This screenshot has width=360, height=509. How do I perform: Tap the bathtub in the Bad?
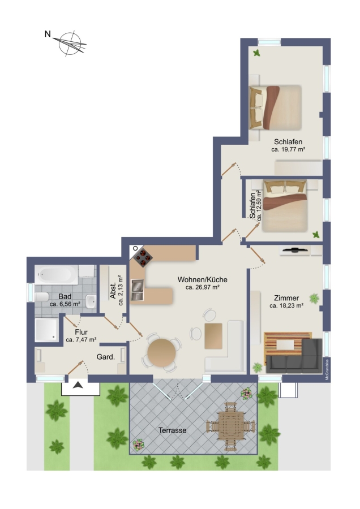click(x=57, y=275)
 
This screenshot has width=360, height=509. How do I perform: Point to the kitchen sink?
click(x=138, y=290)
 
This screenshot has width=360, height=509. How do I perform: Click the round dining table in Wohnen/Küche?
click(x=161, y=353)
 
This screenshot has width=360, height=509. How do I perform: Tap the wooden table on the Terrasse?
click(x=231, y=426)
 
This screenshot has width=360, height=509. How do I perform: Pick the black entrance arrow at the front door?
click(x=78, y=385)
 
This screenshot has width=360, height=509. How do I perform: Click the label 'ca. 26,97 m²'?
click(x=203, y=287)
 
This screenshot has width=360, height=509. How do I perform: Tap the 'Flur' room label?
click(x=82, y=332)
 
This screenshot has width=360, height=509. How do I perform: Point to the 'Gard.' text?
click(x=106, y=357)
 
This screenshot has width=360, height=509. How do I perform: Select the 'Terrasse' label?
click(x=173, y=430)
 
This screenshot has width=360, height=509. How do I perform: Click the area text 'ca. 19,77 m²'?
click(x=288, y=150)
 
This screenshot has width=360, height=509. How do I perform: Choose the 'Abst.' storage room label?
click(x=113, y=291)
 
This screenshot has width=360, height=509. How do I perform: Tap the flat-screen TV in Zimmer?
click(x=295, y=249)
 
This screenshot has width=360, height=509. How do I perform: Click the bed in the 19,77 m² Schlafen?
click(x=276, y=107)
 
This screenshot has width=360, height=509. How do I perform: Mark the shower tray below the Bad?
click(x=47, y=330)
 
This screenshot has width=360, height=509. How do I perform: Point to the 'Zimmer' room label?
click(x=286, y=298)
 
